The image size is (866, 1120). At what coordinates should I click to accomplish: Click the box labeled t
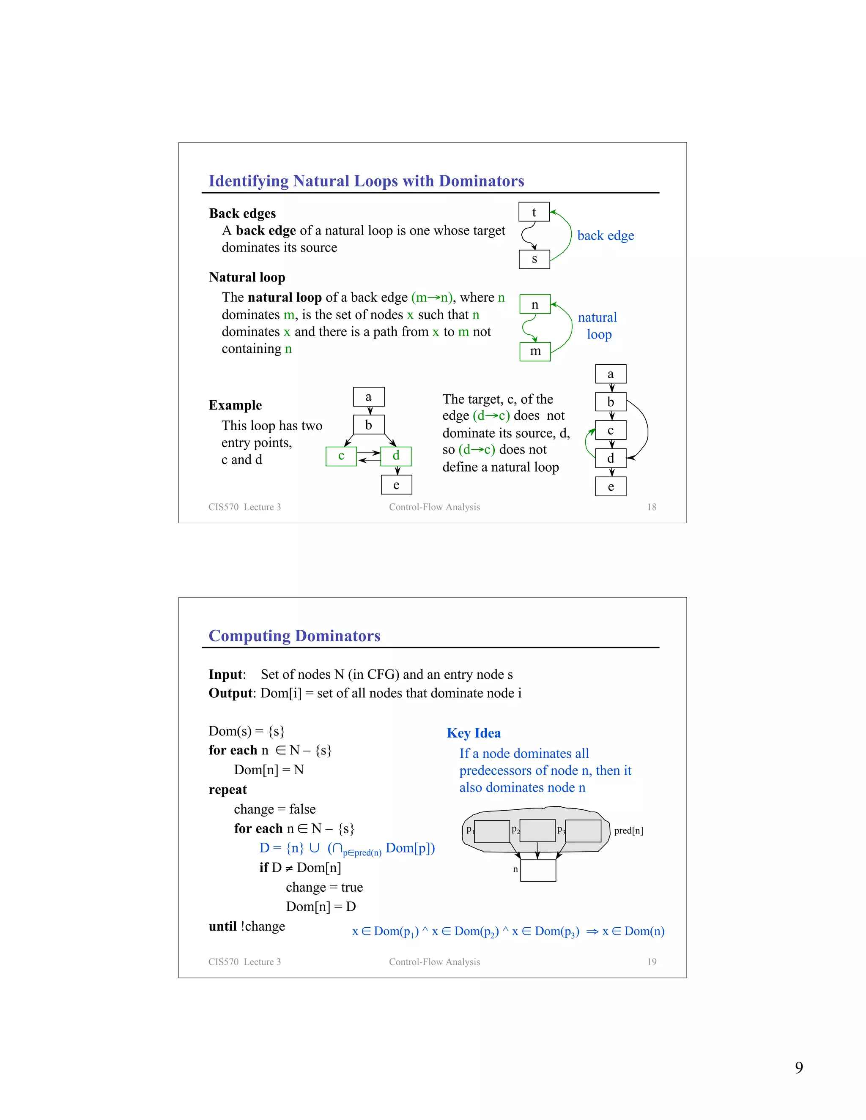534,212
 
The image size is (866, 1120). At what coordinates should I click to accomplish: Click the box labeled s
534,259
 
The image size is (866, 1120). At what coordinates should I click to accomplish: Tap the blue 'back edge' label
606,235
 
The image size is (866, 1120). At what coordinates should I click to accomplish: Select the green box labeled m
535,351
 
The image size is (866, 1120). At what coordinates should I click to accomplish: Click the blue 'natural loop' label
597,325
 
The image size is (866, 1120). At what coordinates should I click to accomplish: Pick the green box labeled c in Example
341,456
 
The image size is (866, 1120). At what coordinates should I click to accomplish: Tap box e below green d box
396,485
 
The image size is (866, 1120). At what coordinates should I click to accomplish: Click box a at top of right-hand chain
611,374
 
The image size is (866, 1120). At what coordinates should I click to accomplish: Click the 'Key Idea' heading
474,733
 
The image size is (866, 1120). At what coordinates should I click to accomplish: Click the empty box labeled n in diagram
538,870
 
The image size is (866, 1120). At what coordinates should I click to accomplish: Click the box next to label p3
583,831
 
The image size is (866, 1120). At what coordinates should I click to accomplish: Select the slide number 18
652,507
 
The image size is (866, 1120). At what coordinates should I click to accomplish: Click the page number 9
799,1067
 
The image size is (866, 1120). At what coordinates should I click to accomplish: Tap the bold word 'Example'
235,405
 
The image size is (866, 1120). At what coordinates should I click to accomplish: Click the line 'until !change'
247,926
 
